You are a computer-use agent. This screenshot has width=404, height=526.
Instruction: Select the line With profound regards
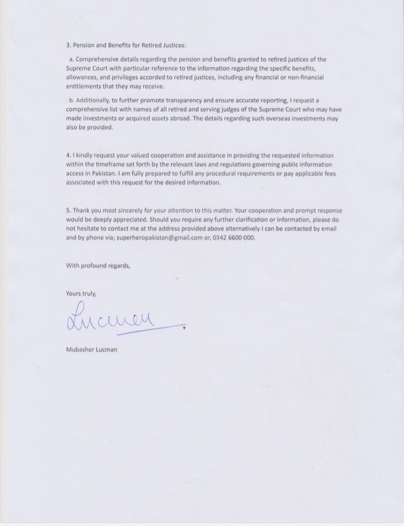[98, 266]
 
